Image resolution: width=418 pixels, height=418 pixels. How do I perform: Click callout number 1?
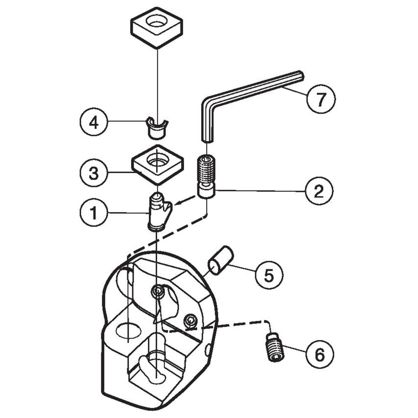point(93,213)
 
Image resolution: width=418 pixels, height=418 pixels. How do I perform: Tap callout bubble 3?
point(93,172)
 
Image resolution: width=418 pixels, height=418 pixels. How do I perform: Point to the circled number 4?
point(93,122)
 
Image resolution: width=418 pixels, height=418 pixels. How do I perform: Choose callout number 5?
point(269,275)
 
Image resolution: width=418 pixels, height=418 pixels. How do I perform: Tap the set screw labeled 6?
point(275,347)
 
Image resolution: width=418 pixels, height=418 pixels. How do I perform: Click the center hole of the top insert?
point(157,21)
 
